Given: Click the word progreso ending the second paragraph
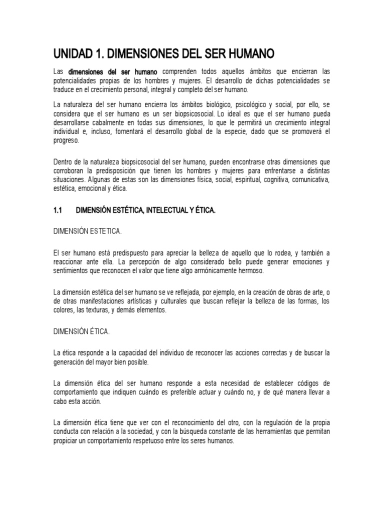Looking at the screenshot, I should click(66, 140).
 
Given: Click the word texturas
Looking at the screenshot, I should click(105, 309).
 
